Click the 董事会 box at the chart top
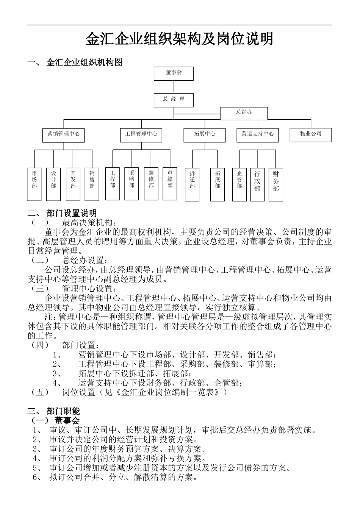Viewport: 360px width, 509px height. (174, 73)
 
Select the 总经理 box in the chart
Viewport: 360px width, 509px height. (174, 100)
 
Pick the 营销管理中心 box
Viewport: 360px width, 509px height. (63, 135)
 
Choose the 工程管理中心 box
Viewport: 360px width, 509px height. (141, 135)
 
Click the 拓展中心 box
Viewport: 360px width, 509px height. (205, 135)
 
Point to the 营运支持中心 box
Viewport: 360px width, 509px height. (258, 135)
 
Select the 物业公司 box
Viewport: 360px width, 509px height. (311, 134)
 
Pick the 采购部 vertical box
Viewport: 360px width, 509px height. (131, 183)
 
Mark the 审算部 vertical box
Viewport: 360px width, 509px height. (170, 183)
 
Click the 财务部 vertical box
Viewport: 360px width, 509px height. (276, 184)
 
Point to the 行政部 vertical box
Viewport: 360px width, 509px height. (257, 184)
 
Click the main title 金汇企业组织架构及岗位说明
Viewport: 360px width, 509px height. (179, 39)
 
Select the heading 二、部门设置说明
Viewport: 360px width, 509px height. (62, 213)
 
